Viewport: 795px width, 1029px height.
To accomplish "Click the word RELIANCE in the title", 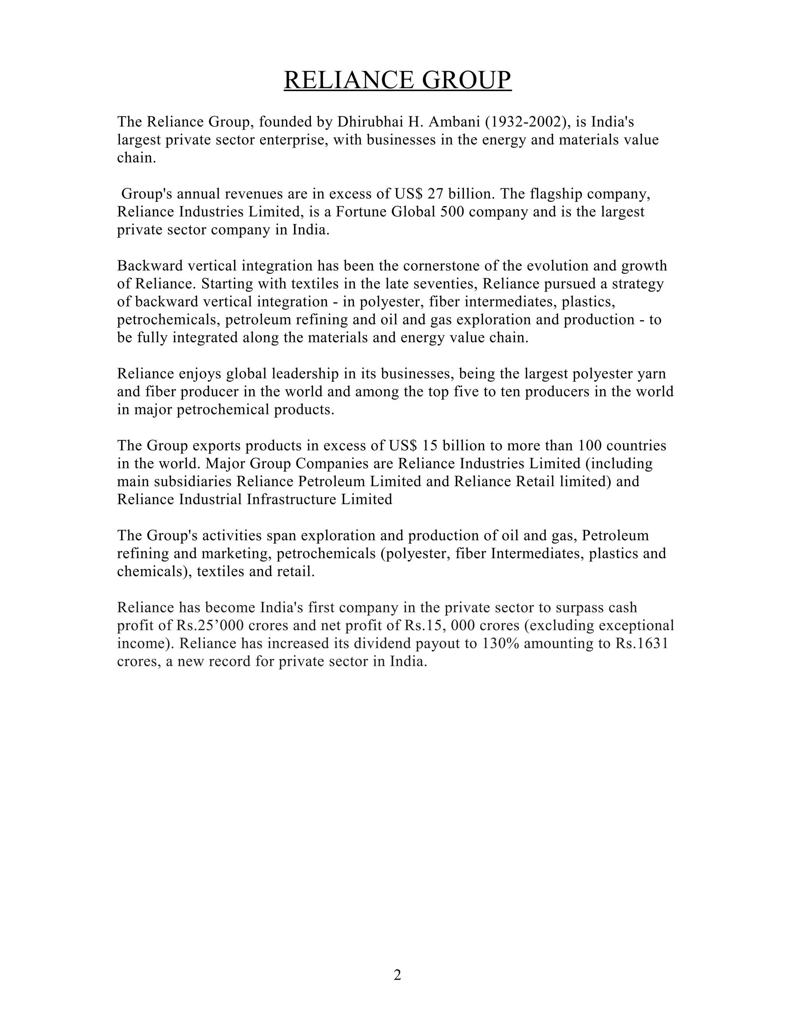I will [349, 80].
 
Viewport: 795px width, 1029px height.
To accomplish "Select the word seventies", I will [441, 284].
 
